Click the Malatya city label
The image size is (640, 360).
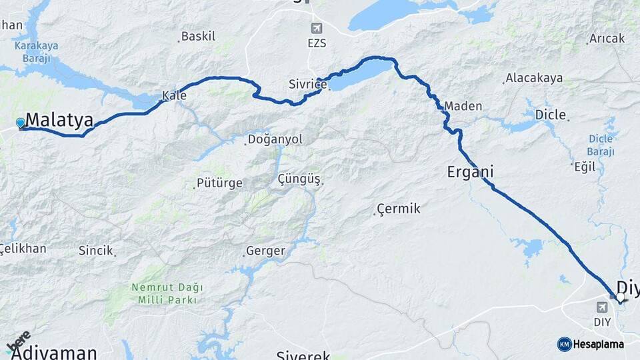pos(59,121)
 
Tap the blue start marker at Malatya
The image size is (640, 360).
pos(20,123)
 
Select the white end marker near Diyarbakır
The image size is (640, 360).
pos(621,297)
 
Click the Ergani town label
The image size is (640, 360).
pos(470,172)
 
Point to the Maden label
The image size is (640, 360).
pos(463,106)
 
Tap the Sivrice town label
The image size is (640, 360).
pos(307,84)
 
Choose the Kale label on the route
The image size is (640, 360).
pos(175,96)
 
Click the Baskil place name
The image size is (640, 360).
pos(198,36)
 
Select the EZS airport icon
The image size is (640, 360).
pos(315,28)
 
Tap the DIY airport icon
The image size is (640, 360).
pos(603,307)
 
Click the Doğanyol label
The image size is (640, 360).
pos(275,139)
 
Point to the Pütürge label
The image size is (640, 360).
pos(219,183)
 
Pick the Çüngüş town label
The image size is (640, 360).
pos(299,179)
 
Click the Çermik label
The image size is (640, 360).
pos(398,209)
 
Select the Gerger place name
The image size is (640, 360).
pos(265,251)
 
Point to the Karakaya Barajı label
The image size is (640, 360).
pos(35,51)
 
